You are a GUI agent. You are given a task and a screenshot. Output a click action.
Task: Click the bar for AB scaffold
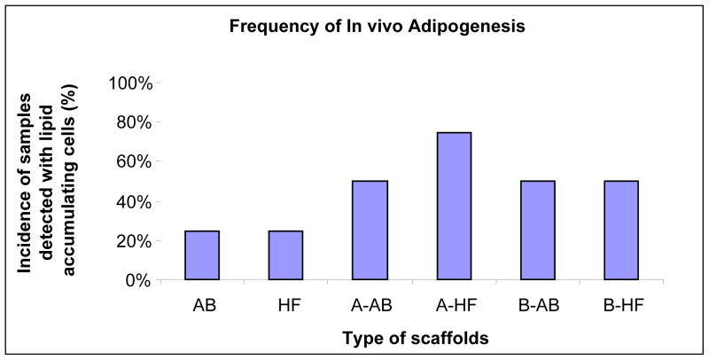click(x=202, y=255)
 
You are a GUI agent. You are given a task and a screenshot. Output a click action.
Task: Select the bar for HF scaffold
click(x=285, y=255)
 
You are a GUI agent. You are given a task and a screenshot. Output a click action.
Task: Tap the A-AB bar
click(x=370, y=231)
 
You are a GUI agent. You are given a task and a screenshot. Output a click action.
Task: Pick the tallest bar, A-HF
click(x=453, y=206)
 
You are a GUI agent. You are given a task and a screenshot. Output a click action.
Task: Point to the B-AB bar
click(x=537, y=231)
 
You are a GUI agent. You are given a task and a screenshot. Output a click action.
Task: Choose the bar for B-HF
click(x=620, y=231)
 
